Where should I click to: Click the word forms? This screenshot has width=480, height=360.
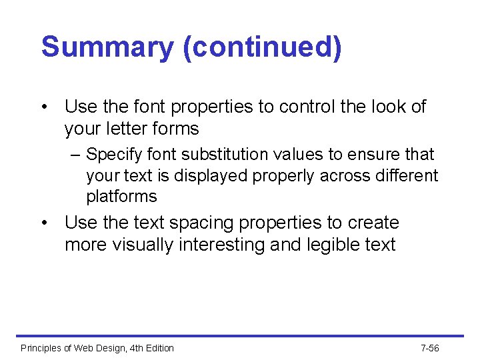click(175, 129)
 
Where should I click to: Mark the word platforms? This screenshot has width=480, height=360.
click(122, 197)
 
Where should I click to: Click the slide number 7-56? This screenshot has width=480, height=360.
click(430, 348)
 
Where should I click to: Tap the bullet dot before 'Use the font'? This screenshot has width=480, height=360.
click(45, 107)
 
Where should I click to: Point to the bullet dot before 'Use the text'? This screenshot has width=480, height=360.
click(45, 223)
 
